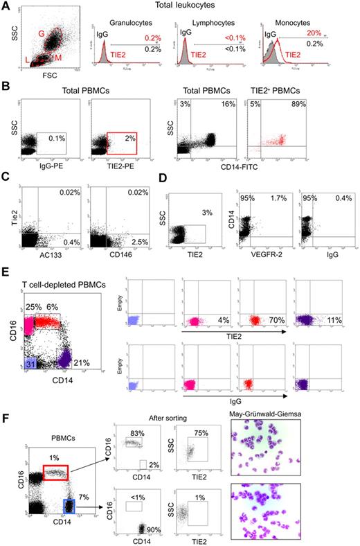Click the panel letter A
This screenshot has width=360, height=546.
coord(6,6)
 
